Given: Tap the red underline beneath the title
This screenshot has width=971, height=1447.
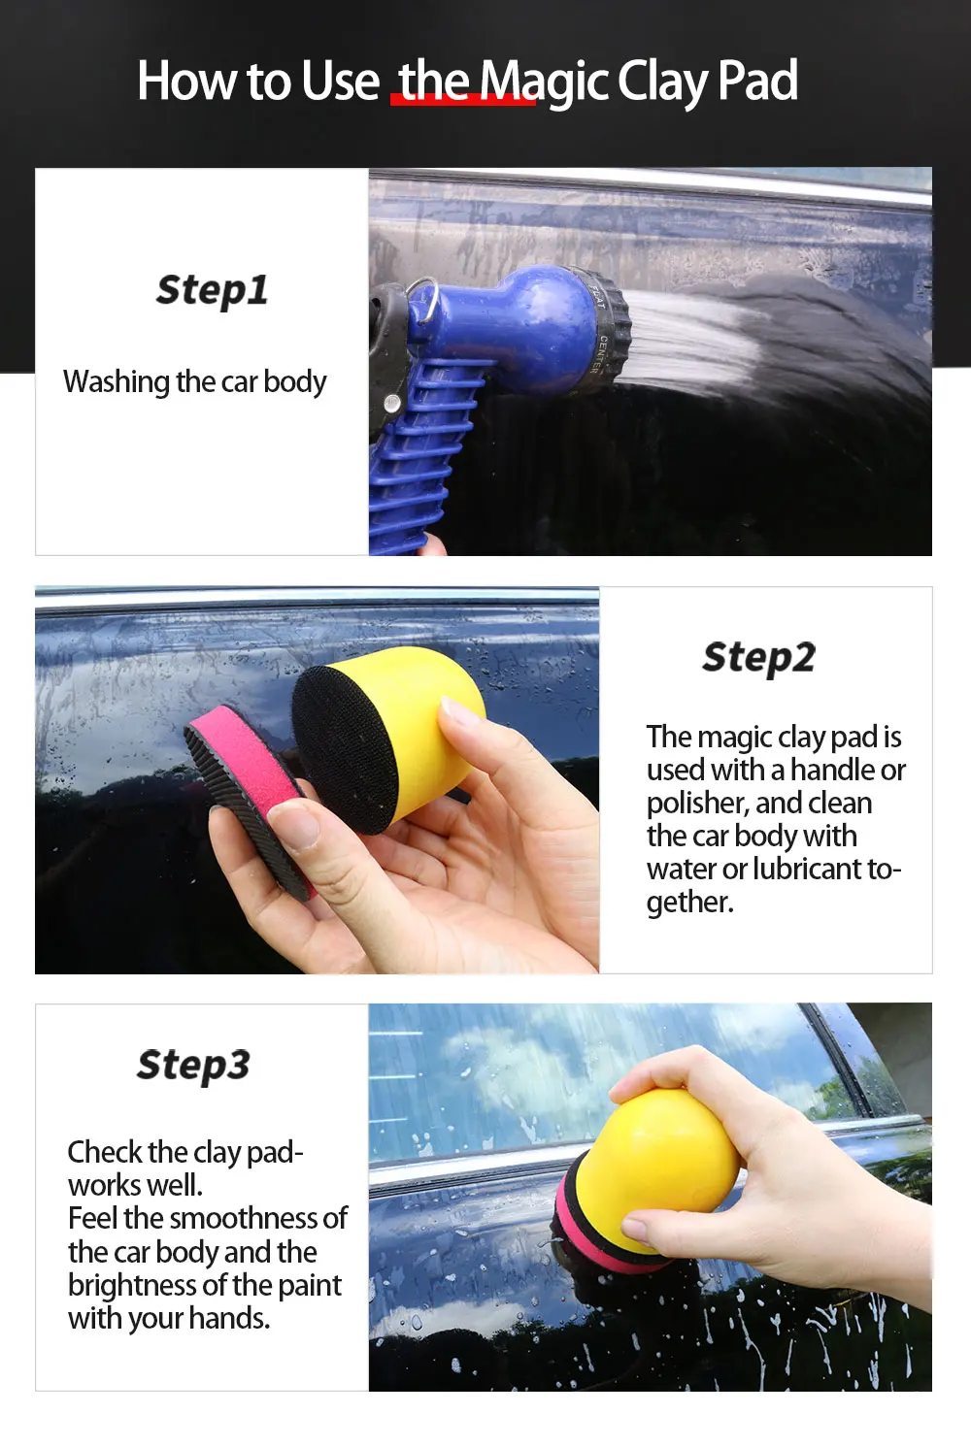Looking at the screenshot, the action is click(463, 99).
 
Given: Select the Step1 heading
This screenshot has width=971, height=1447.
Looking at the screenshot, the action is click(212, 291).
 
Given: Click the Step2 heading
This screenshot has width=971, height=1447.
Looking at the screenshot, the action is click(759, 658).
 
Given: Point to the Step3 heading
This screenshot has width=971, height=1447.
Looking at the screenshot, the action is click(193, 1066).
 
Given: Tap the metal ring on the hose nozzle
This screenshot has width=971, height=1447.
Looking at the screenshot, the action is click(424, 299).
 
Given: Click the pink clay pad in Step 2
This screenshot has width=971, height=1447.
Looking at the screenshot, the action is click(249, 795).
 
